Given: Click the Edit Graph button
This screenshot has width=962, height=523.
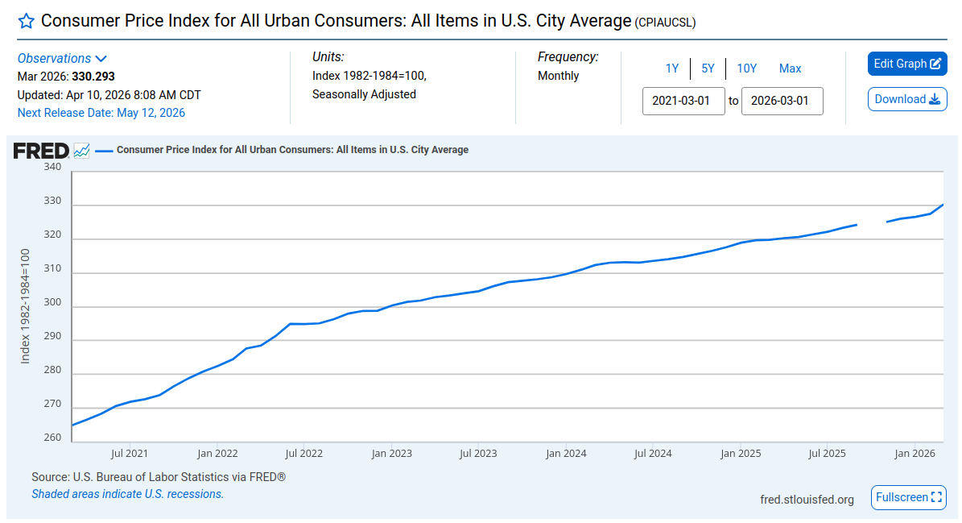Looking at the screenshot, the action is click(906, 64).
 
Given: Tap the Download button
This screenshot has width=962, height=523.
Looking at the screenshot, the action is click(906, 99).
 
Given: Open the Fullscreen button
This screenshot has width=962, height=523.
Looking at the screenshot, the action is click(909, 497).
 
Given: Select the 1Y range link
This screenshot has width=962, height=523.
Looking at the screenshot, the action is click(672, 68).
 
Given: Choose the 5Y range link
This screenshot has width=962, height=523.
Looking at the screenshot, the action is click(708, 68).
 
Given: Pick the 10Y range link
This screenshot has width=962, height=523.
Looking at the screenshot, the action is click(746, 68).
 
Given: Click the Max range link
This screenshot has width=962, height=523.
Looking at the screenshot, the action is click(791, 68).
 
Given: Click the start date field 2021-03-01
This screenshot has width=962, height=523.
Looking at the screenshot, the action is click(683, 102).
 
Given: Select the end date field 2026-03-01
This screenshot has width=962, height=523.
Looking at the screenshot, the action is click(782, 102).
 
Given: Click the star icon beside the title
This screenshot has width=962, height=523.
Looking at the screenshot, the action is click(27, 22).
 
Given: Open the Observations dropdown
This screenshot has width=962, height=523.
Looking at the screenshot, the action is click(62, 58).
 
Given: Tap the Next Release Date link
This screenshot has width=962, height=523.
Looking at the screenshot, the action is click(101, 113).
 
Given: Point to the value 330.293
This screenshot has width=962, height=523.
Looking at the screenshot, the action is click(93, 77).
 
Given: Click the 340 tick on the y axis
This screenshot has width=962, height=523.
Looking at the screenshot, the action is click(52, 167).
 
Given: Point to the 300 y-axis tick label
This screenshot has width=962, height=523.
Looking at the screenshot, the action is click(52, 303).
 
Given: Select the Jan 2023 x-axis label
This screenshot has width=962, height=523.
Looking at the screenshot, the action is click(391, 454).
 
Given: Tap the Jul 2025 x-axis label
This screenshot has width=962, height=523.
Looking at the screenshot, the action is click(827, 454).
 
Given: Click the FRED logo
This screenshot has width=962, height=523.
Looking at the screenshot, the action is click(41, 151).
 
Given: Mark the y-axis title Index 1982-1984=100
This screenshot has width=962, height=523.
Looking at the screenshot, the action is click(25, 306).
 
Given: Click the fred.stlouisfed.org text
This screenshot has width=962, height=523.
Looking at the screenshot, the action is click(807, 500).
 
